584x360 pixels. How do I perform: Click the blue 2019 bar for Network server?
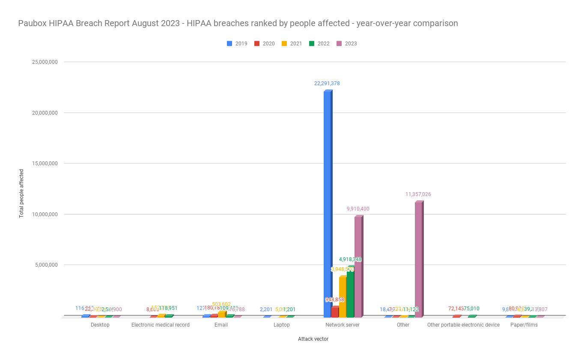327,204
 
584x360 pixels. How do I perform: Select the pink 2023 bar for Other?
418,259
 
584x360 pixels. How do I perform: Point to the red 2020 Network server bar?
335,312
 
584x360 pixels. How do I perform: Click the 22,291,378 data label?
327,83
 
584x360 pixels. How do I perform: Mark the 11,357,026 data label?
418,194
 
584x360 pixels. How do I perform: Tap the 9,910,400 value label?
358,209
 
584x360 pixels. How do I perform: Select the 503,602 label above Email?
221,304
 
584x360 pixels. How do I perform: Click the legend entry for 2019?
237,44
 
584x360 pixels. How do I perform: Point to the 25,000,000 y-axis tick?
45,62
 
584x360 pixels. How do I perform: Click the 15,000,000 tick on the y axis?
45,164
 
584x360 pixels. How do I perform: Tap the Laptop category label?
282,325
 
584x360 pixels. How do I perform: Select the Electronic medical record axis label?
161,325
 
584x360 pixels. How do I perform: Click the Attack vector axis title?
313,339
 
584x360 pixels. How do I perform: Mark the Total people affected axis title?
21,193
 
